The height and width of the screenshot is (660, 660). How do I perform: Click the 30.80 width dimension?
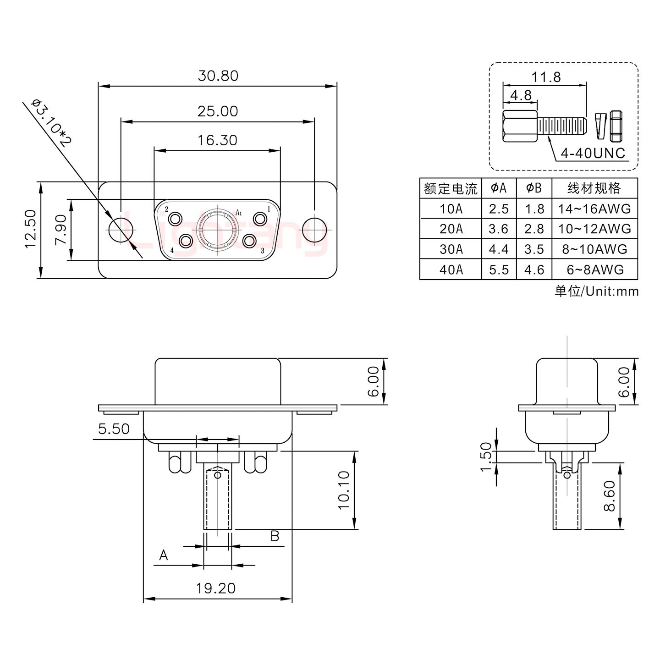tap(218, 76)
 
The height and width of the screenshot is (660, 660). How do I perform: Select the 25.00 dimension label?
tap(218, 111)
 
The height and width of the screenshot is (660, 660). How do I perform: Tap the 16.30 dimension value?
tap(217, 140)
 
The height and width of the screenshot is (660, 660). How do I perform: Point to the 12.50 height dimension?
tap(31, 229)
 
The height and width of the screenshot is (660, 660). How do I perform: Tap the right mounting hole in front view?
tap(315, 229)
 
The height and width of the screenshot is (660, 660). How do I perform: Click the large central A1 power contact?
tap(218, 229)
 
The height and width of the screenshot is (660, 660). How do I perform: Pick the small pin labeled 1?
tap(260, 219)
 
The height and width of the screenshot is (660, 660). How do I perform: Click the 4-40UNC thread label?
tap(593, 153)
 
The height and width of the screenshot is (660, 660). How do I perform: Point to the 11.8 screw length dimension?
tap(546, 77)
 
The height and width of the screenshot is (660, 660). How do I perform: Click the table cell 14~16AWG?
tap(594, 209)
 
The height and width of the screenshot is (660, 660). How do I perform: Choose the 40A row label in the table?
tap(451, 269)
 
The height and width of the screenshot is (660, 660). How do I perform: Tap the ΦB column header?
tap(534, 188)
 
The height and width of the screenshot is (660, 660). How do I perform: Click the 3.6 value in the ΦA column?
tap(499, 229)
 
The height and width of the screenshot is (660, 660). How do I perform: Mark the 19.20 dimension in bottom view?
tap(216, 588)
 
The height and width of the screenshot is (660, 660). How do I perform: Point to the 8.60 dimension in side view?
tap(609, 496)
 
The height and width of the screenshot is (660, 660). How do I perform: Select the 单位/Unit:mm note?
tap(596, 291)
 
